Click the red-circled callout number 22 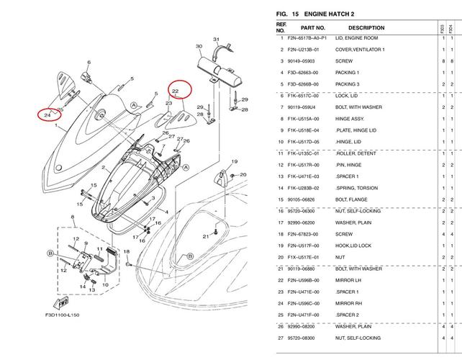pos(176,91)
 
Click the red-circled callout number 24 pos(47,115)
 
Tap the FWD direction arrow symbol pos(61,302)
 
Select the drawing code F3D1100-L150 pos(62,315)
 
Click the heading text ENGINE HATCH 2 pos(329,14)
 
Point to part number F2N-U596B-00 pos(303,280)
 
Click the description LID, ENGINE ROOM pos(356,38)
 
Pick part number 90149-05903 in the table pos(301,61)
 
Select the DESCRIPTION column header pos(366,27)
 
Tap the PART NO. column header pos(313,27)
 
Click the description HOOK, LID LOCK pos(353,246)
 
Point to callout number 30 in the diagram pos(199,46)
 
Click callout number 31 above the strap pos(217,39)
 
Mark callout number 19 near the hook pos(235,161)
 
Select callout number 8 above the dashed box pos(73,217)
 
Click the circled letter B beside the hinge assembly pos(50,253)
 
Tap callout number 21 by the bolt pos(206,236)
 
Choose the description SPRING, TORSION pos(356,188)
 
